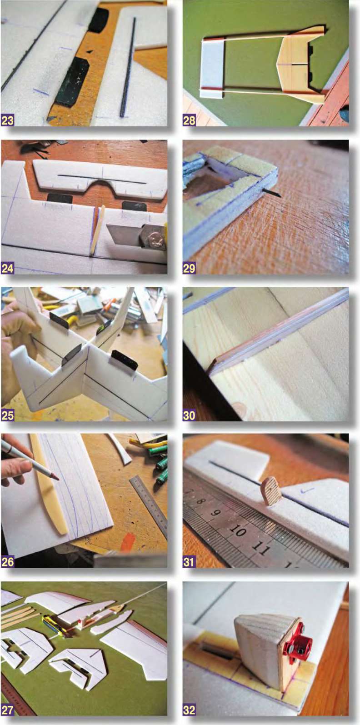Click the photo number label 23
coord(7,120)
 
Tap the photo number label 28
coord(189,120)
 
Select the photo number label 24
coord(7,268)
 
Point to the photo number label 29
coord(189,268)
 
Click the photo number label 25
coord(7,415)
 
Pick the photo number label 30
coord(189,415)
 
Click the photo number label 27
coord(7,710)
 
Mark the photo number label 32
coord(189,710)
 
